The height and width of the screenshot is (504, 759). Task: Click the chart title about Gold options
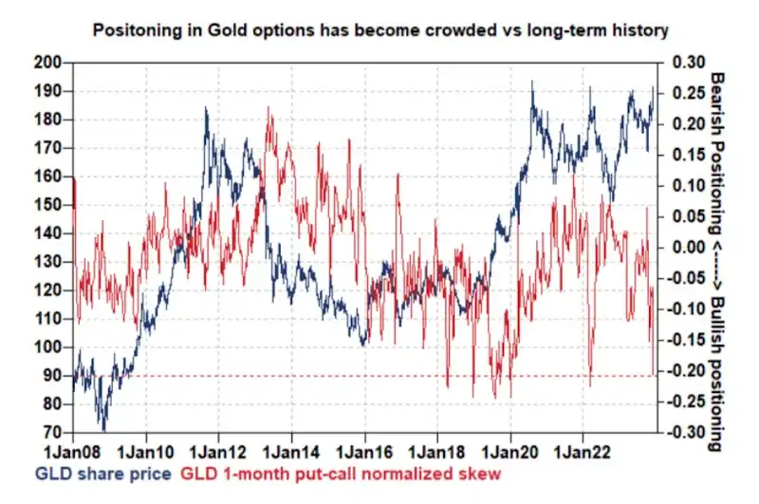pos(379,30)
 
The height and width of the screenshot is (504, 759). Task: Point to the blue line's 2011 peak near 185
pos(206,108)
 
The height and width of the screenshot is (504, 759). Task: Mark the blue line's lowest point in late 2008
pos(102,429)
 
